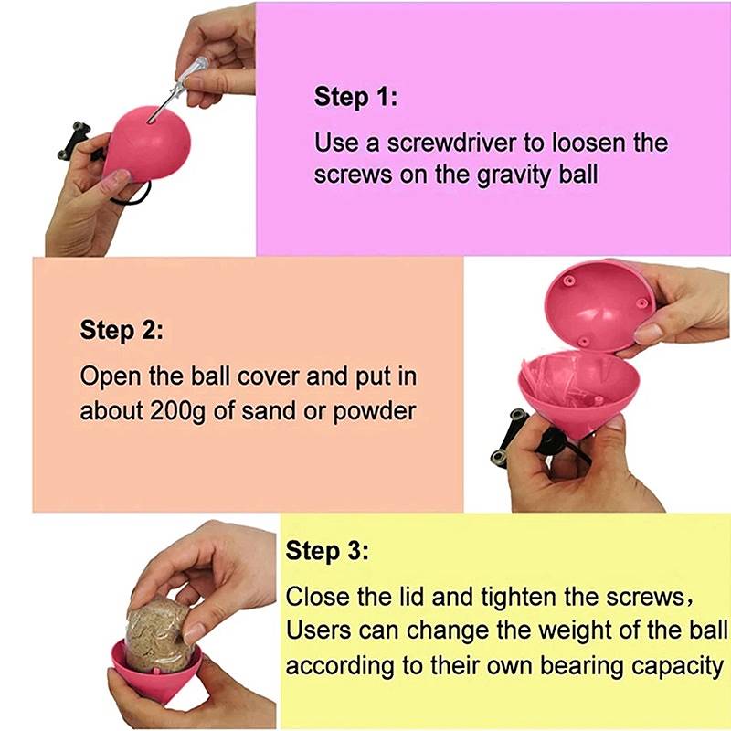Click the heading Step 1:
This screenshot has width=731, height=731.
(x=355, y=97)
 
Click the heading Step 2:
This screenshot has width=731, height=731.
(x=122, y=331)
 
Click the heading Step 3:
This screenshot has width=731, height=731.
(x=327, y=551)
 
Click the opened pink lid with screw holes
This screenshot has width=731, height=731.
(x=599, y=306)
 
